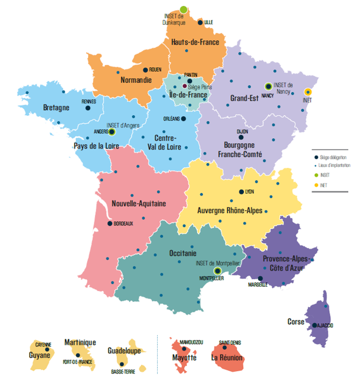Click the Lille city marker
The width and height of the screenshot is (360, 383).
(200, 23)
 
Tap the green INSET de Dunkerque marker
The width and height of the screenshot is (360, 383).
(183, 9)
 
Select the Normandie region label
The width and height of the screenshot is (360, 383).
(129, 80)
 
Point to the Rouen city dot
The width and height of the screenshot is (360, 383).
(145, 70)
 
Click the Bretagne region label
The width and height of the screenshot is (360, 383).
(57, 108)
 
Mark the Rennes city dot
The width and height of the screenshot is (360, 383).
(88, 108)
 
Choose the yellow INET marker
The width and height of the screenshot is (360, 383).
(308, 91)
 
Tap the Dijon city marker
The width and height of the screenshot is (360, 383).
(241, 137)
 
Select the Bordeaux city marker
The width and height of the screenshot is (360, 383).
(110, 223)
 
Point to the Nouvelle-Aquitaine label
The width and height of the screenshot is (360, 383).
(139, 203)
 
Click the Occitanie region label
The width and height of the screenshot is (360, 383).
(182, 253)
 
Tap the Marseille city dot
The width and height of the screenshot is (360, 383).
(260, 279)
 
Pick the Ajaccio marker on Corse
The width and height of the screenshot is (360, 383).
(314, 325)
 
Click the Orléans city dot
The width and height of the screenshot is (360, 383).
(183, 119)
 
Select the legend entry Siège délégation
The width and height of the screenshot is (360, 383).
(334, 157)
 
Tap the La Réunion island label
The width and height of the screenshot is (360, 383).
(228, 357)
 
